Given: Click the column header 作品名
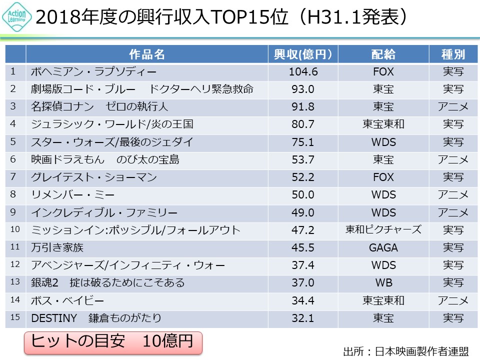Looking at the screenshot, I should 147,54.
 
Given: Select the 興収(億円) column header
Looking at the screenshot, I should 303,54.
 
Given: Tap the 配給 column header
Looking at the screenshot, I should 383,54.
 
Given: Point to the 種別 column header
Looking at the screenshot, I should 452,54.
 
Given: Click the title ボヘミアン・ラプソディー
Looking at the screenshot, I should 93,71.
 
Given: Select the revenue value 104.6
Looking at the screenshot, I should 303,71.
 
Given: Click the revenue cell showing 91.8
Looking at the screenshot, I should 303,106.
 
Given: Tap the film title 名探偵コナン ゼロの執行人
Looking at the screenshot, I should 99,106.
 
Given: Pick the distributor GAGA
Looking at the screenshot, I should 383,247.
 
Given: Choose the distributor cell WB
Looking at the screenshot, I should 383,282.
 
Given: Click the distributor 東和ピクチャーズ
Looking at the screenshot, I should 383,229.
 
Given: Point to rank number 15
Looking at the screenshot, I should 14,317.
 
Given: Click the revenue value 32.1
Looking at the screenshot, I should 303,318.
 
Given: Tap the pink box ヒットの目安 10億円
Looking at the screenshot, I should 112,341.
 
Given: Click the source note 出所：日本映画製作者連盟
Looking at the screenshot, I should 406,351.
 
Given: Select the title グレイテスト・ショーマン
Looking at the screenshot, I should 93,177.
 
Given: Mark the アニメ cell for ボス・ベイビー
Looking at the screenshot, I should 452,300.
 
